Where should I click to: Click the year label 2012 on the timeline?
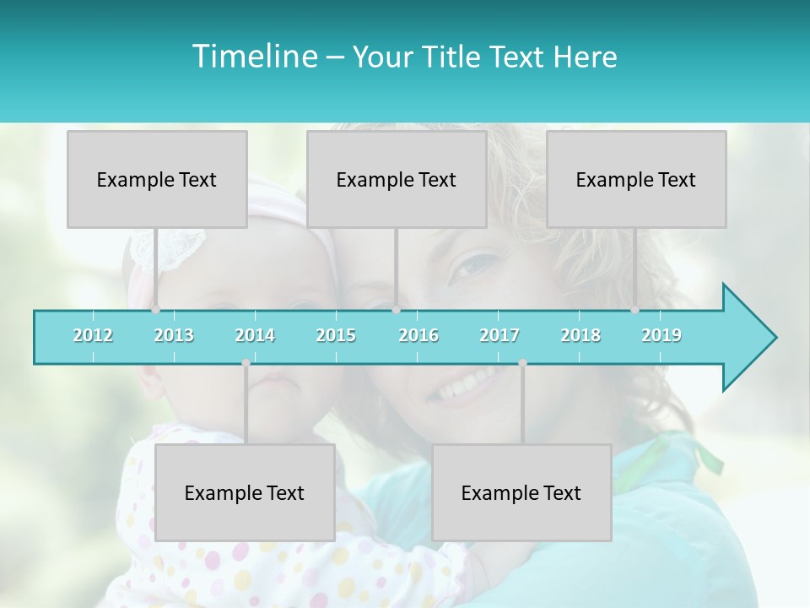(93, 335)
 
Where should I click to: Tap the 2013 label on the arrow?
(174, 335)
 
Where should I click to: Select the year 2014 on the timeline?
(255, 335)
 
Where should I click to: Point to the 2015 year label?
(336, 335)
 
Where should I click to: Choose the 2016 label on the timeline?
(418, 335)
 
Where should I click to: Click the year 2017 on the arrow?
(499, 335)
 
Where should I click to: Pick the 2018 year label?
(580, 335)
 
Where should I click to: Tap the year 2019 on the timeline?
(661, 335)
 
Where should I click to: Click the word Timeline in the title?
(253, 57)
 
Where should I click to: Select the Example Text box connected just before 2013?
(157, 179)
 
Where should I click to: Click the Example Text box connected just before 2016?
(397, 179)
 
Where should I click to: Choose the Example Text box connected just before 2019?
(636, 179)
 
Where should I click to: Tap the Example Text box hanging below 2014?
(245, 492)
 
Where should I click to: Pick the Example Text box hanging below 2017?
(521, 492)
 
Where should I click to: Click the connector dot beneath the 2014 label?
(246, 363)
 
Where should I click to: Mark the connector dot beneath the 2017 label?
(522, 363)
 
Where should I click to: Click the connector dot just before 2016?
(396, 310)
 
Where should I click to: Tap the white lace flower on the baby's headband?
(179, 247)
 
